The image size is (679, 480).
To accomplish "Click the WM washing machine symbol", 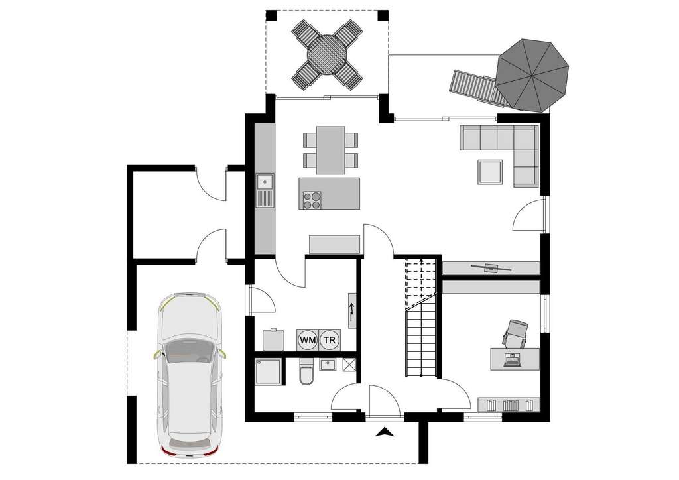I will coord(308,339).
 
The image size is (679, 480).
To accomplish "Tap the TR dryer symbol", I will coord(329,339).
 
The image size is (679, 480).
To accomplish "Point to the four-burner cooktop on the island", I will coord(312,200).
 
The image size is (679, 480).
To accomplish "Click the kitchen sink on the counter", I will coord(265,181).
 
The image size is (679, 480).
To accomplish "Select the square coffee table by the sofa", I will coord(491,172).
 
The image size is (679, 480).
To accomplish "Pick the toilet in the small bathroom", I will coord(306,373).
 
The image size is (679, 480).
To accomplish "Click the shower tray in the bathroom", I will coord(269,372).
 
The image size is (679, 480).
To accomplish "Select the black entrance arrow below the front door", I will coord(384,433).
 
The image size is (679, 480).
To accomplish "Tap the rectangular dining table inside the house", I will coord(330,150).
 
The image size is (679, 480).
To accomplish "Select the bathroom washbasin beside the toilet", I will coord(327,364).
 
